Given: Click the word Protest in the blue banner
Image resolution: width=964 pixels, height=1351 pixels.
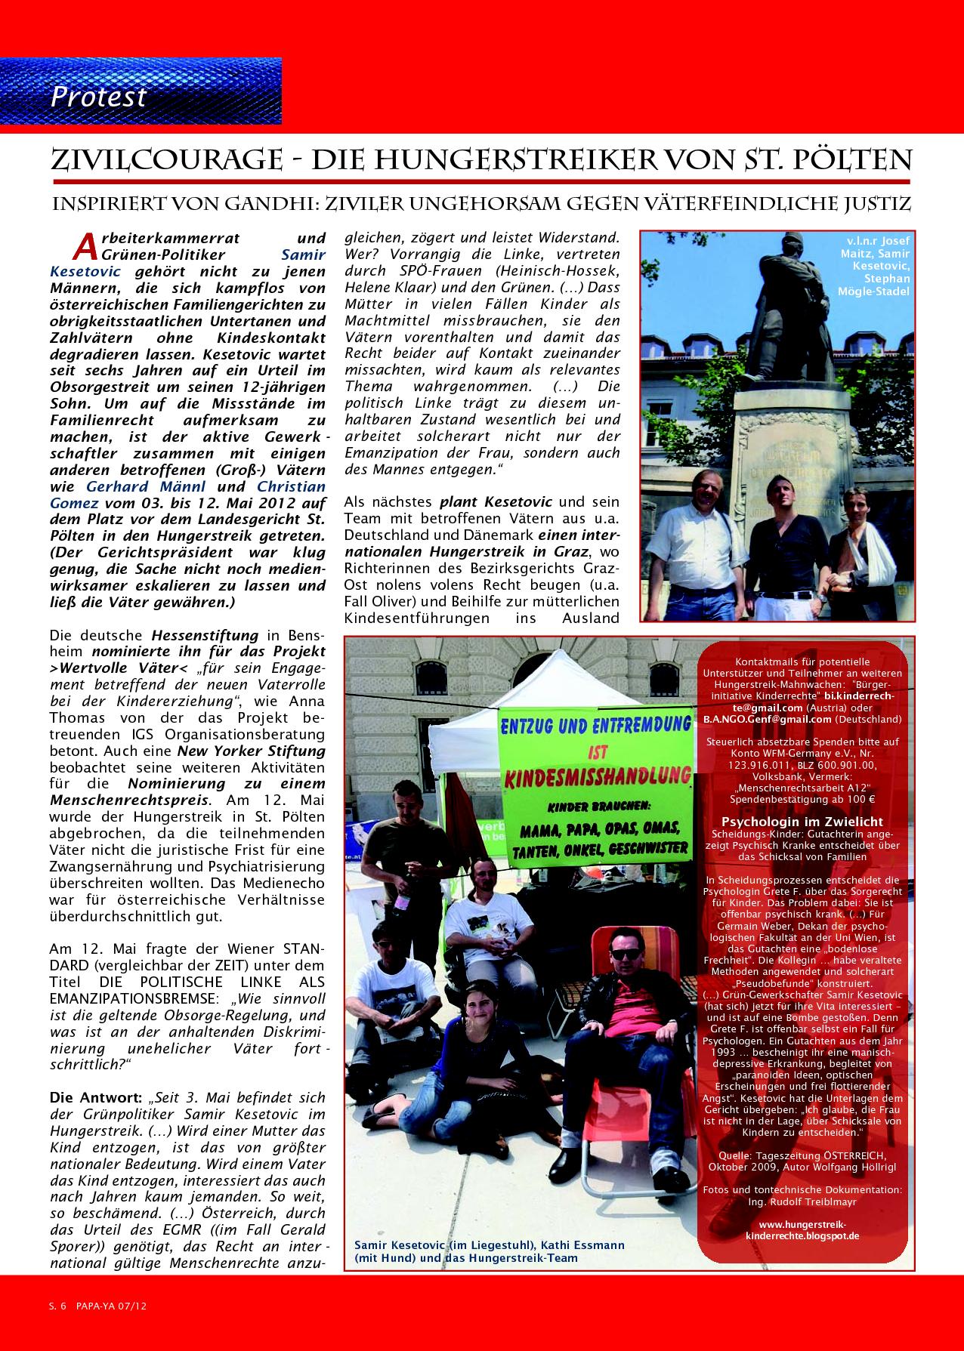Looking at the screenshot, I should point(98,97).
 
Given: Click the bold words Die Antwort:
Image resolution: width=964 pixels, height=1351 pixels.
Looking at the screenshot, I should point(84,1097).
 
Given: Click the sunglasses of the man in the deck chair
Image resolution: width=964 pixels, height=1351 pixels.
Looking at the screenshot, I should point(626,954).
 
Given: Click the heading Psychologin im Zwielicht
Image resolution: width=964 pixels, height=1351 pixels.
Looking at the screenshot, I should point(802,822).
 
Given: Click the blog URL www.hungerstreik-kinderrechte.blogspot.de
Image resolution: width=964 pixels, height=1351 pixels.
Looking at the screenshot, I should point(802,1245).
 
